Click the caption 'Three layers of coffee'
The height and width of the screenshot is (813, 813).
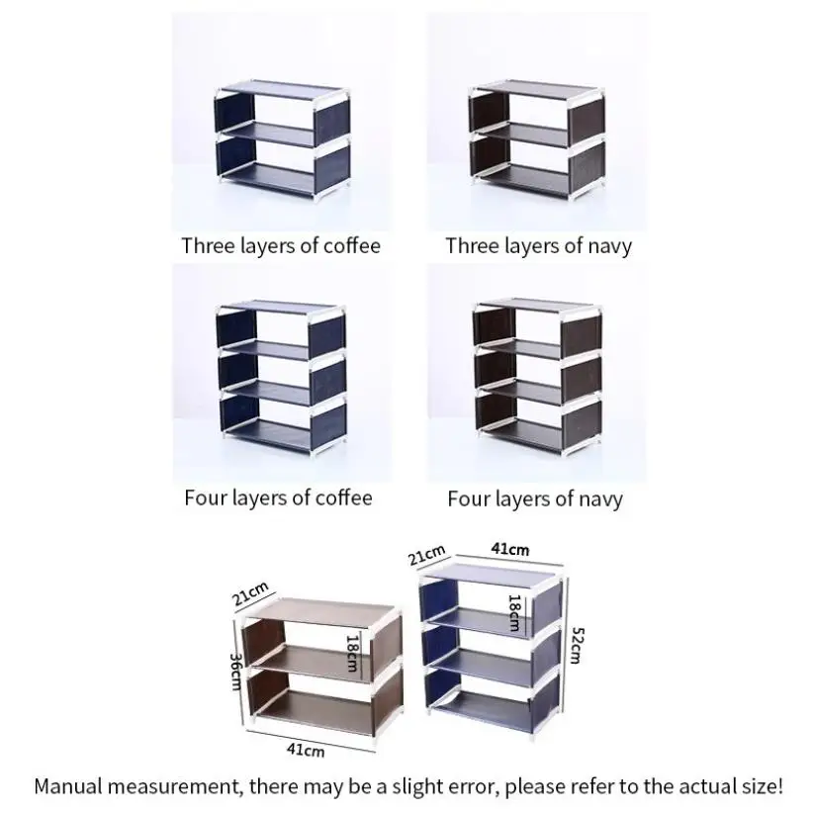point(280,245)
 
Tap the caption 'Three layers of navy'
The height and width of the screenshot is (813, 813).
point(539,245)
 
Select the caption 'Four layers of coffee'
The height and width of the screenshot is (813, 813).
point(278,497)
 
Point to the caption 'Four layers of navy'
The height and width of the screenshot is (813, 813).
point(535,498)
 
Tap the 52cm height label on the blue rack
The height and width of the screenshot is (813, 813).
point(577,644)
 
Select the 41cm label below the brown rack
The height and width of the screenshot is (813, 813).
point(306,751)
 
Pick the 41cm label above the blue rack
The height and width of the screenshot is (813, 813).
point(510,549)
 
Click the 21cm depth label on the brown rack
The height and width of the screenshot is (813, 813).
point(251,596)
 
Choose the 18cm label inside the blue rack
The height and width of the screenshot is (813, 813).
point(514,612)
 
